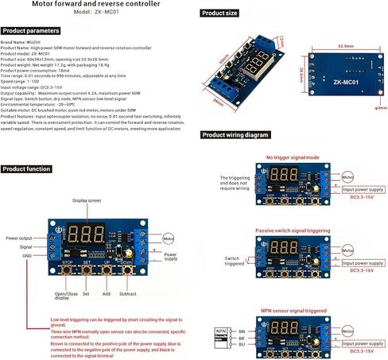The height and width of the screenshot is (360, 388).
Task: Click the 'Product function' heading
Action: click(x=28, y=169)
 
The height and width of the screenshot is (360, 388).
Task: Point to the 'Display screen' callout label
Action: click(x=88, y=201)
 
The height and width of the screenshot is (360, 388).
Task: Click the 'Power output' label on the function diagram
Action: click(x=21, y=238)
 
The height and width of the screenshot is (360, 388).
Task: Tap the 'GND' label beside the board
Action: click(x=27, y=257)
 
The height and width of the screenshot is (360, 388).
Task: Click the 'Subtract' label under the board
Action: click(x=128, y=293)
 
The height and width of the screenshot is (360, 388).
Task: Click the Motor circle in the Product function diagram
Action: click(x=168, y=237)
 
